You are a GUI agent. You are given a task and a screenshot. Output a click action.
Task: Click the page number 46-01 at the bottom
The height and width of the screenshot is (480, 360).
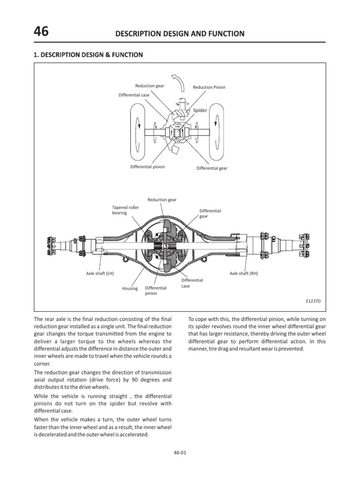180,452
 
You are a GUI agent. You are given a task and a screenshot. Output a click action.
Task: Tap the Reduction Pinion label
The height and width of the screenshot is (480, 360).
209,87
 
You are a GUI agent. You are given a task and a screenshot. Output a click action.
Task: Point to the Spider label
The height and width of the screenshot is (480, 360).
200,110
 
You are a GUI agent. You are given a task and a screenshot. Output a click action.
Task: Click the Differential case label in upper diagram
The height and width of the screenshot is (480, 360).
134,95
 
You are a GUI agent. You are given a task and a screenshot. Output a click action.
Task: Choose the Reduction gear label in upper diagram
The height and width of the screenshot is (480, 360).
150,86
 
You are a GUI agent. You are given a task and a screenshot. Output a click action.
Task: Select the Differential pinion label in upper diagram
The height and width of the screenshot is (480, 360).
147,167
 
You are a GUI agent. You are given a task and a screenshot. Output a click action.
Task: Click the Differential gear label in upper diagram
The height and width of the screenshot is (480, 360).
212,168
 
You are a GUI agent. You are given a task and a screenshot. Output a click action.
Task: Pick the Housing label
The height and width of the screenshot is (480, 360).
130,289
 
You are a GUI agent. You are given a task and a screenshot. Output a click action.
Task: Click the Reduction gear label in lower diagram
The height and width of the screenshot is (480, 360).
162,200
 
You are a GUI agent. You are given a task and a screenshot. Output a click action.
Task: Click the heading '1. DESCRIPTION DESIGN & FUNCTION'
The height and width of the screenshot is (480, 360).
88,55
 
